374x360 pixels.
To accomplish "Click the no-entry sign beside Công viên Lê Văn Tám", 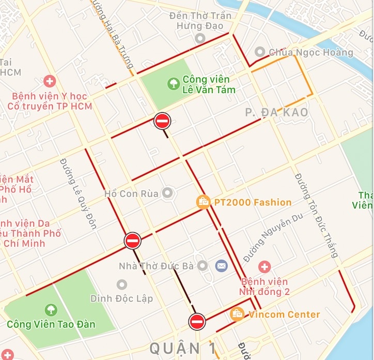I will pyautogui.click(x=162, y=121).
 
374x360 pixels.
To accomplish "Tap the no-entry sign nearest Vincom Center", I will pyautogui.click(x=197, y=321).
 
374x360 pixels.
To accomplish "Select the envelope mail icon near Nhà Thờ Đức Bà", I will pyautogui.click(x=221, y=266).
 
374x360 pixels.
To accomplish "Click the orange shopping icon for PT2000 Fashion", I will pyautogui.click(x=204, y=201).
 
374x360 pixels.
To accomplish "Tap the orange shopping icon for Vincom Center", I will pyautogui.click(x=237, y=314).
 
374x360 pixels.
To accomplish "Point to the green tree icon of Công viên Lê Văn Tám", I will pyautogui.click(x=173, y=81).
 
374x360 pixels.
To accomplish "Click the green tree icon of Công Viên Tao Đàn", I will pyautogui.click(x=51, y=310).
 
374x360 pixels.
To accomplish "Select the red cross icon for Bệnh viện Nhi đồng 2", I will pyautogui.click(x=264, y=267).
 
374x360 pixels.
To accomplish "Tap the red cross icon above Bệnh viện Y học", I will pyautogui.click(x=50, y=81).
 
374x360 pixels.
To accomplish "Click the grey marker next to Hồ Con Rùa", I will pyautogui.click(x=167, y=193).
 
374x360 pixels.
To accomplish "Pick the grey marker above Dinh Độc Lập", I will pyautogui.click(x=121, y=284).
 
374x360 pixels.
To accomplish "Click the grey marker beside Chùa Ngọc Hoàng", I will pyautogui.click(x=259, y=52).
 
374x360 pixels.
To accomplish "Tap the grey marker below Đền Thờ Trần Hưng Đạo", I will pyautogui.click(x=200, y=38).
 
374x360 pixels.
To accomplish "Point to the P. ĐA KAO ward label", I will pyautogui.click(x=276, y=112).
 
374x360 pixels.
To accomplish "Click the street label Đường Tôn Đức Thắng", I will pyautogui.click(x=317, y=215).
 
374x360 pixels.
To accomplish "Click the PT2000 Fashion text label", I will pyautogui.click(x=253, y=202).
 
